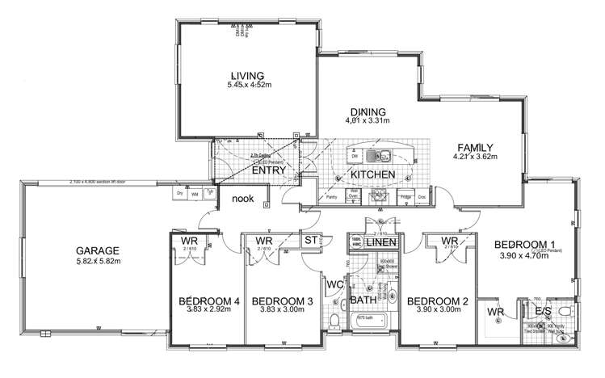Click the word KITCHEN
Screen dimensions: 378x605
372,174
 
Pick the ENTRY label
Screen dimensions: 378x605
266,170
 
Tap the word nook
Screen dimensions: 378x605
244,199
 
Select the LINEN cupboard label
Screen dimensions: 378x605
383,242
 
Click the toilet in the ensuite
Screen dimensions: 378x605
566,311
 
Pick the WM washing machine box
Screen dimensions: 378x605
195,194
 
